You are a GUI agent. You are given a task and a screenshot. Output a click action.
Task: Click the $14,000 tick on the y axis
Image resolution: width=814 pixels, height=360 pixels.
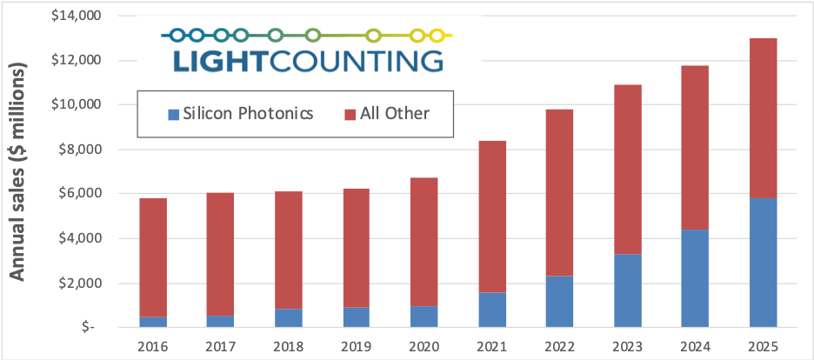79,16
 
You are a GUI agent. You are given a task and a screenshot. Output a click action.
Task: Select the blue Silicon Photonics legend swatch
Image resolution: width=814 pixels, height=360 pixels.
172,114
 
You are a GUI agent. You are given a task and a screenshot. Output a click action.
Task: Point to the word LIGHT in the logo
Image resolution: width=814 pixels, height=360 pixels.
224,62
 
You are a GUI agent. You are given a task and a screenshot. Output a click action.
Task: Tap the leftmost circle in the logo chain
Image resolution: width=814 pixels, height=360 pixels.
170,36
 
